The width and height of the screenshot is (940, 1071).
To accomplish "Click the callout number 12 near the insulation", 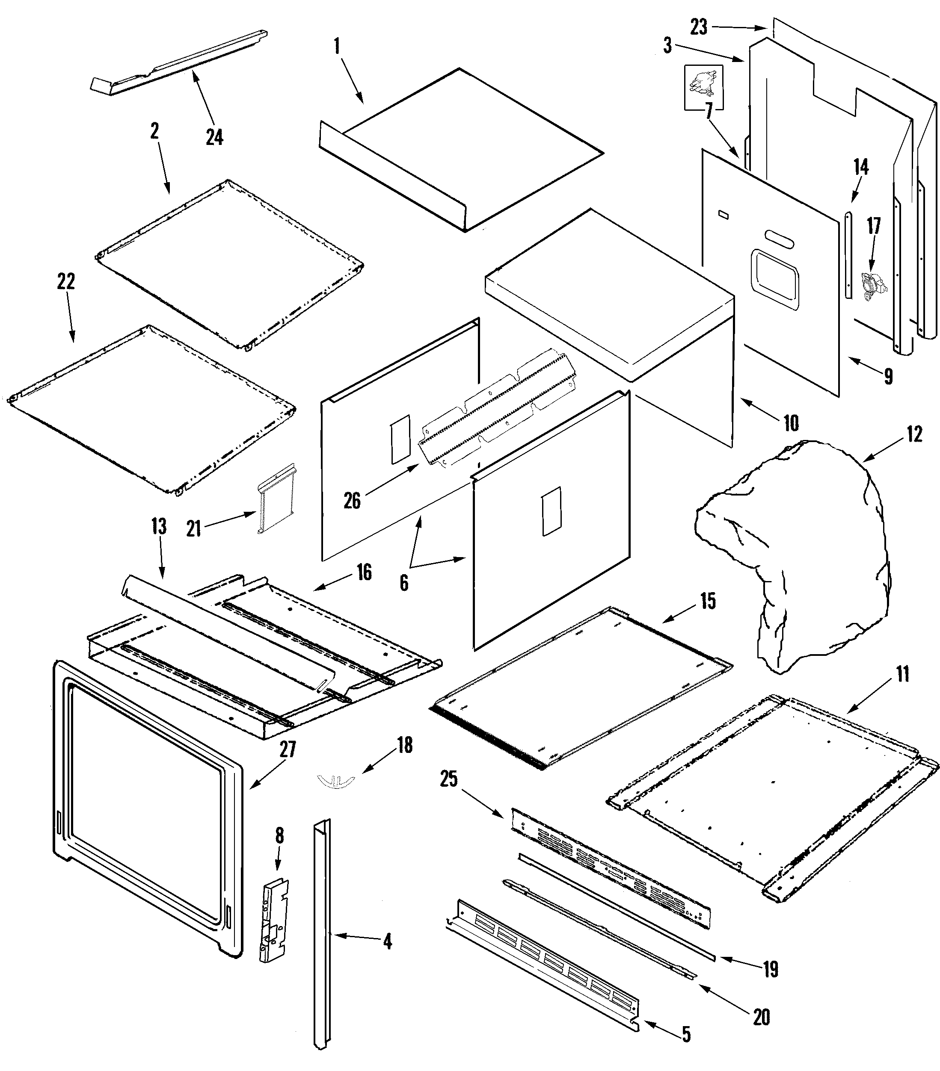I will point(913,434).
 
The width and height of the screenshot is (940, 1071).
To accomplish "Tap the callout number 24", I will point(214,137).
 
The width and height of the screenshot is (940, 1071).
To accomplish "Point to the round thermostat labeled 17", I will point(872,286).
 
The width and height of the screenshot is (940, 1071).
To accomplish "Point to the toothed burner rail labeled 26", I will point(495,406).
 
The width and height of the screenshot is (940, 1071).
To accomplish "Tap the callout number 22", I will point(66,281).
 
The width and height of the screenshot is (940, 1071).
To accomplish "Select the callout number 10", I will point(791,423).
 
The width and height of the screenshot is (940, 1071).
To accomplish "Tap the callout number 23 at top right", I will point(698,26).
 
